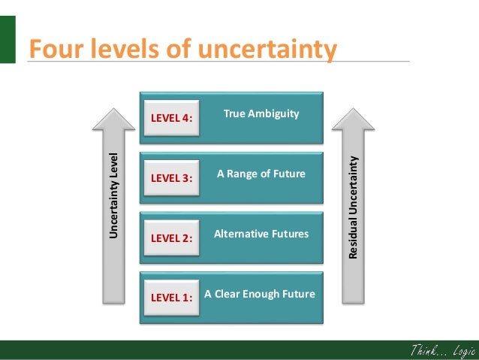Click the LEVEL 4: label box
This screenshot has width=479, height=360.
(x=171, y=118)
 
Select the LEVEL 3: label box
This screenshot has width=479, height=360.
(x=171, y=178)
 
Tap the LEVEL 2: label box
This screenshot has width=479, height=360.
(x=171, y=238)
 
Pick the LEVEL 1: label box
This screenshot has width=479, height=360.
(x=171, y=297)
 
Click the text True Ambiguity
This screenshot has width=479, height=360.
(x=261, y=113)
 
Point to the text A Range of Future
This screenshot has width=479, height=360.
(x=261, y=174)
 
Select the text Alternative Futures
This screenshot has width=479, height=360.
(x=261, y=234)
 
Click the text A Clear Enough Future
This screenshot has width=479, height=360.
(x=260, y=293)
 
